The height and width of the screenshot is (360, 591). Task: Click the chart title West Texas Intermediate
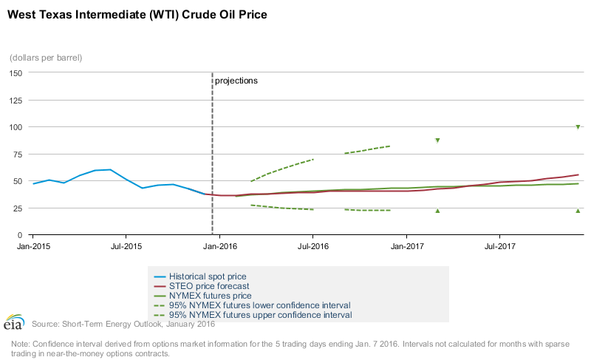pyautogui.click(x=137, y=14)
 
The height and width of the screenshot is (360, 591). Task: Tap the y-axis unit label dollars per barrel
pyautogui.click(x=46, y=57)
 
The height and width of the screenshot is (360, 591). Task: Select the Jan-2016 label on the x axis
pyautogui.click(x=218, y=245)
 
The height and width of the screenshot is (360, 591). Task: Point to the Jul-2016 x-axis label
pyautogui.click(x=312, y=245)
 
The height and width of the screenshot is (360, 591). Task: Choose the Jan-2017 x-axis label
pyautogui.click(x=406, y=245)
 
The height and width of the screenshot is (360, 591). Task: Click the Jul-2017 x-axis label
pyautogui.click(x=500, y=245)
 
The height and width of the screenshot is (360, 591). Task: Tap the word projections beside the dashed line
pyautogui.click(x=236, y=81)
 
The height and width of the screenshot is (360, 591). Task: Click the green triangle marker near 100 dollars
pyautogui.click(x=578, y=127)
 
